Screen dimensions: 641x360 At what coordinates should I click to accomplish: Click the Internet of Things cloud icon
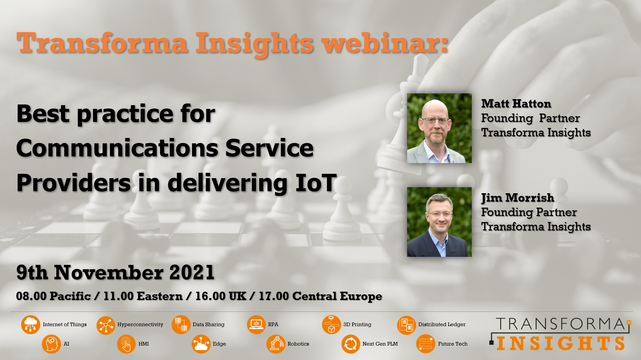[30, 325]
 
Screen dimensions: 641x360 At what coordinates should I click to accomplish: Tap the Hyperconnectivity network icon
[106, 325]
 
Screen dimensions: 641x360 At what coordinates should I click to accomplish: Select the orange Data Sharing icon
[181, 325]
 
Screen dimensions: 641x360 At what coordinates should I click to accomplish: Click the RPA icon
[256, 325]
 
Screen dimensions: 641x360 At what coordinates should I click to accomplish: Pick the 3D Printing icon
[331, 325]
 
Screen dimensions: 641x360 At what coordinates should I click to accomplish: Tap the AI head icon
[51, 344]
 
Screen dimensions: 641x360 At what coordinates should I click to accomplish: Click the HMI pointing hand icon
[126, 344]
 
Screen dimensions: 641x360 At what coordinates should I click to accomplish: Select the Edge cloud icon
[201, 344]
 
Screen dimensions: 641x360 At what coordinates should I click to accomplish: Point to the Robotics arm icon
[276, 344]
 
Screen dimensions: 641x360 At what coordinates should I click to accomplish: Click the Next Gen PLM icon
[351, 344]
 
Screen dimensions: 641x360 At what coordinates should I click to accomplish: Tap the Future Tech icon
[426, 344]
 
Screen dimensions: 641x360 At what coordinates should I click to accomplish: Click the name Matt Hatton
[516, 103]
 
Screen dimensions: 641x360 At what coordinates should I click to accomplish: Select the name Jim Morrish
[518, 198]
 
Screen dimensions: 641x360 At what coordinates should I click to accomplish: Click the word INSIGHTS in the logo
[561, 343]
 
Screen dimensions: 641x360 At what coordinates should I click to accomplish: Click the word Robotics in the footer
[298, 344]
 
